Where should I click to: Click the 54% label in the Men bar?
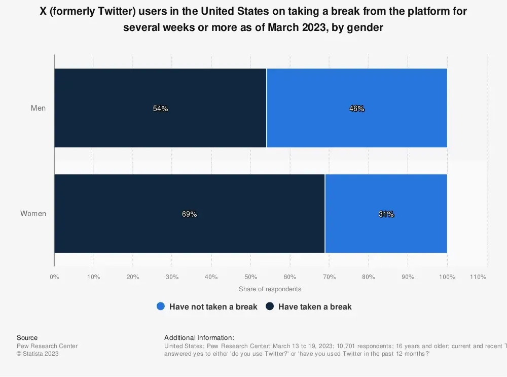(x=160, y=109)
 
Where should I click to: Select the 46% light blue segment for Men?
(x=356, y=109)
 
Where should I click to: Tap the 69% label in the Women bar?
(x=189, y=214)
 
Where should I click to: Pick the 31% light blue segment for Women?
(x=386, y=214)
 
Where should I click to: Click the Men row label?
(x=38, y=108)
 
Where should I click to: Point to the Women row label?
(x=33, y=214)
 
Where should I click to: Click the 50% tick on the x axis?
(x=250, y=277)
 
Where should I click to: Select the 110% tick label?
(x=478, y=277)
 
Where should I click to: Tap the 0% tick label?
(x=54, y=277)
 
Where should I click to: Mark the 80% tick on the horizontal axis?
(x=369, y=277)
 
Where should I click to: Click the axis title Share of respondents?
(x=270, y=289)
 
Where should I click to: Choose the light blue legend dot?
(x=161, y=306)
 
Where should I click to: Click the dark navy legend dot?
(x=270, y=306)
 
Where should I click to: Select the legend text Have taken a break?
(x=315, y=306)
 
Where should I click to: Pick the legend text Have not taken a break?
(x=213, y=306)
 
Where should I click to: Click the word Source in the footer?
(x=27, y=338)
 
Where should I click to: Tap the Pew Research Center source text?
(x=47, y=346)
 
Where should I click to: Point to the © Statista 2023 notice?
(x=38, y=354)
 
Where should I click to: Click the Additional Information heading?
(x=199, y=338)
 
